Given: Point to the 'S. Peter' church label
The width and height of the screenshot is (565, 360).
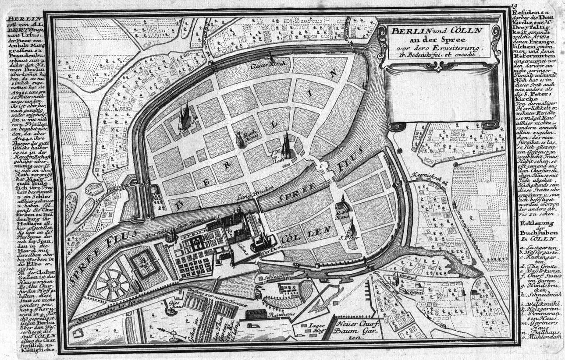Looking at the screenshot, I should (346, 238).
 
